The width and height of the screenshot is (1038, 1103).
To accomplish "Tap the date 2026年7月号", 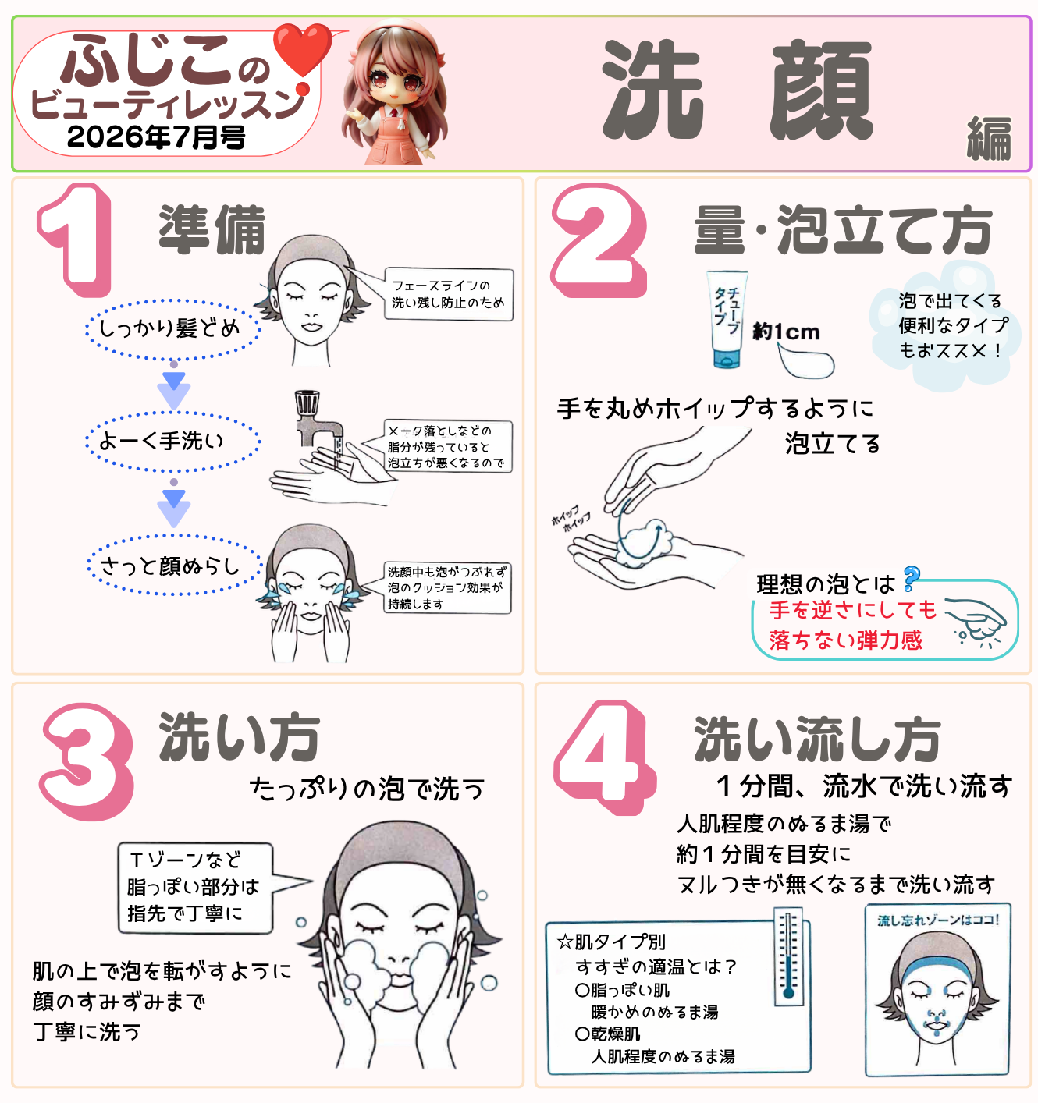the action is point(156,137).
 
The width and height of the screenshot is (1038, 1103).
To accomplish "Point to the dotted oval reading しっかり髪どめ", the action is point(172,328).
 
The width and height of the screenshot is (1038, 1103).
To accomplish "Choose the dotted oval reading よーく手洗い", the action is point(172,442).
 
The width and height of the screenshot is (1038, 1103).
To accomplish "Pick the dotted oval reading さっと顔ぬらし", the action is point(174,566).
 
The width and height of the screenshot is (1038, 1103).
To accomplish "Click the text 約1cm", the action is point(786,332).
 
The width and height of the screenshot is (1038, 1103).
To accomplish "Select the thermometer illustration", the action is point(788,956).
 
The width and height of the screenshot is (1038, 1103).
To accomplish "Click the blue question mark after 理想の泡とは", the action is point(912,580).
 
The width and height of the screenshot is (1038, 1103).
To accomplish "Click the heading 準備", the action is point(212,229).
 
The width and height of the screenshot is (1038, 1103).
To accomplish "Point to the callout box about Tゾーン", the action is point(195,888).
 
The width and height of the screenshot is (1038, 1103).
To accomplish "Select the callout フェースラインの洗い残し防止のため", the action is point(449,294).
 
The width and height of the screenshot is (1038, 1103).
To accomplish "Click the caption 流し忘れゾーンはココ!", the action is point(938,920).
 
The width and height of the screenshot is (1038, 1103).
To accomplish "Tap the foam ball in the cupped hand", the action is point(647,541).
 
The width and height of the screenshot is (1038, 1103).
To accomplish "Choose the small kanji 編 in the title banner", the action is point(989,139).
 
